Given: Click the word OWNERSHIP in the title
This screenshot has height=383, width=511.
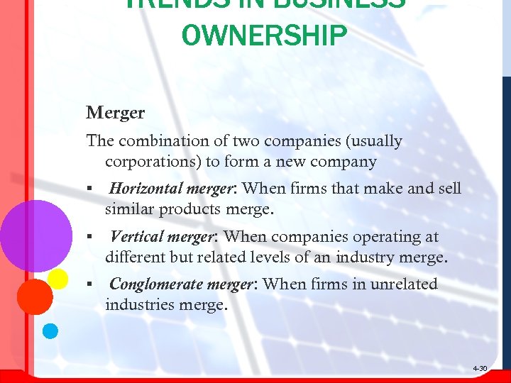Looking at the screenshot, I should (x=265, y=35).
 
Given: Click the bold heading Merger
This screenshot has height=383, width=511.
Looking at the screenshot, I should (x=116, y=113).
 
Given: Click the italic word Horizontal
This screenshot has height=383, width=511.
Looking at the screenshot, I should (x=145, y=189).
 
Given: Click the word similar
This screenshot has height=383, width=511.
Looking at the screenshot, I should (x=128, y=210).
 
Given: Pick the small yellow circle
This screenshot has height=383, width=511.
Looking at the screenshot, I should (x=58, y=279).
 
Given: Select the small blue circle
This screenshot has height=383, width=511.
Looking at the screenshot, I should (x=50, y=331).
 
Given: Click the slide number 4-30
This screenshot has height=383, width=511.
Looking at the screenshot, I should (x=480, y=369).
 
